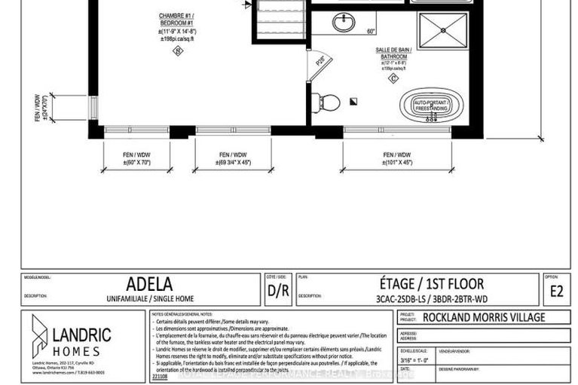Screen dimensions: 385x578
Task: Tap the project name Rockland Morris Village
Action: [484, 317]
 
